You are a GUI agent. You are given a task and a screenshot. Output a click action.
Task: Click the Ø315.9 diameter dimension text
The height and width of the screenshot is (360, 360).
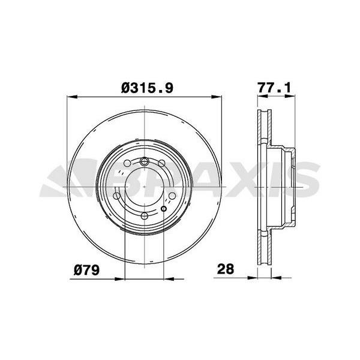point(147,88)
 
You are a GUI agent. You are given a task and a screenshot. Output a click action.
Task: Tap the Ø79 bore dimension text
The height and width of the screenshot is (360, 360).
point(87,270)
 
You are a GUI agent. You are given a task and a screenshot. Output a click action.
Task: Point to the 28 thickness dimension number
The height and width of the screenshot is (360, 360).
point(226,269)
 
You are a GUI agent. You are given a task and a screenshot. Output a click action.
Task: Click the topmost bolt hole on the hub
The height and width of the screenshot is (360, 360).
point(144,161)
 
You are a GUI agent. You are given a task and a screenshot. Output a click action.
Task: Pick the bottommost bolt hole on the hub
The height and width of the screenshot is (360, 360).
point(144,215)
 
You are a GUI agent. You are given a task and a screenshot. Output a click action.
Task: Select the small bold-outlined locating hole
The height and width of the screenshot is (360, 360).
point(163,209)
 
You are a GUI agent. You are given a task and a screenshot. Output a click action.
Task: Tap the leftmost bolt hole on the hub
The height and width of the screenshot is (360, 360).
point(116,196)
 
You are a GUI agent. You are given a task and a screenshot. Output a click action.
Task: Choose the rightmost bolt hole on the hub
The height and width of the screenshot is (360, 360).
point(172,196)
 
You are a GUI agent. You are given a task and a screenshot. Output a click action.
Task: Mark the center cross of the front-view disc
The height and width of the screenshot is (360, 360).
point(144,187)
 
